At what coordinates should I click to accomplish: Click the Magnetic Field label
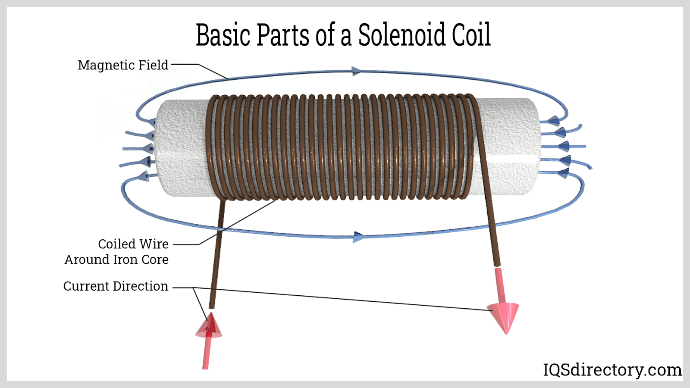coord(123,65)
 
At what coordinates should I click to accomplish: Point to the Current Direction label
coord(116,286)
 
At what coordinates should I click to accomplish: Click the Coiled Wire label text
coord(133,244)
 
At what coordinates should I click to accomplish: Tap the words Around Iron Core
coord(116,260)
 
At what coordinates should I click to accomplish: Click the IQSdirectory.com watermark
coord(612,370)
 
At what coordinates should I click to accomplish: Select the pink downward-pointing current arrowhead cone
coord(504,316)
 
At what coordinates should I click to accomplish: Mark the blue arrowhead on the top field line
coord(356,71)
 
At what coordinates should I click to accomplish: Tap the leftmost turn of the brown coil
coord(211,147)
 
